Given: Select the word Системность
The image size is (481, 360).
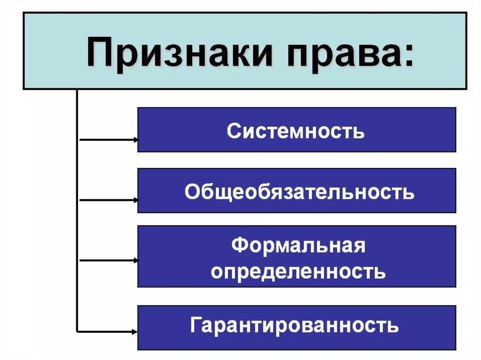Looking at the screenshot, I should click(295, 131).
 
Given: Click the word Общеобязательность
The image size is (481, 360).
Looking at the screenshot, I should click(300, 192).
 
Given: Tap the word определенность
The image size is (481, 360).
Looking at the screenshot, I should click(298, 271).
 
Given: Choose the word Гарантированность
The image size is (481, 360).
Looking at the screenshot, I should click(295, 325).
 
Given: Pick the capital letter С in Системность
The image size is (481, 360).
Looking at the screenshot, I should click(233, 131).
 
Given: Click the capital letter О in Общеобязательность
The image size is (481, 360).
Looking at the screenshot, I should click(192, 192).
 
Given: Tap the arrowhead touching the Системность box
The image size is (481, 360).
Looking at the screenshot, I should click(136, 139).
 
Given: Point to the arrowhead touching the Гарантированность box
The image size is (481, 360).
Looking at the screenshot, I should click(136, 332).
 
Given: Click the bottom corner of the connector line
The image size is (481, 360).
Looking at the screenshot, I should click(77, 332).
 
